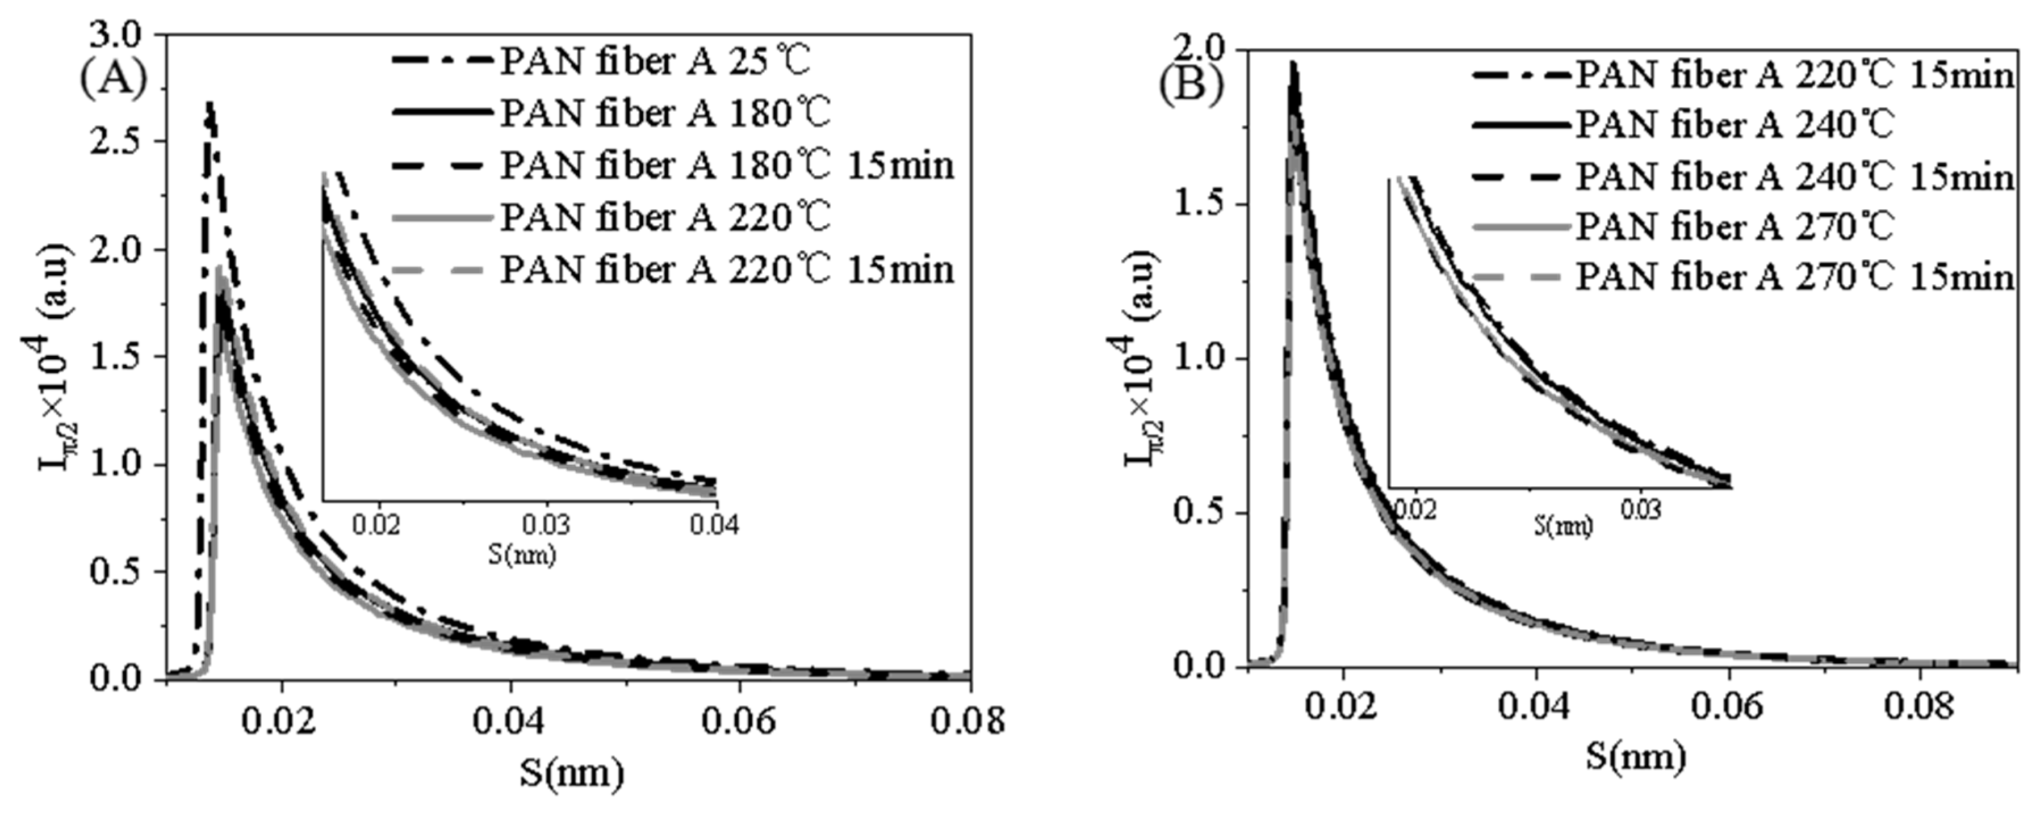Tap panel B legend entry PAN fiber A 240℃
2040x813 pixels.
pos(1735,124)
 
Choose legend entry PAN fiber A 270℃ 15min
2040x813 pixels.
pos(1794,277)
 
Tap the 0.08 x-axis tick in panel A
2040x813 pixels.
pos(967,721)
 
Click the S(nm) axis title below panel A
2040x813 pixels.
pos(572,773)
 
